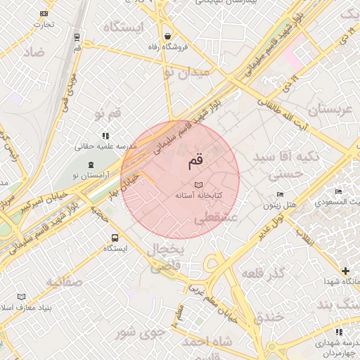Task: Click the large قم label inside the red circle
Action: point(194,162)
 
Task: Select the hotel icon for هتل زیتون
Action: point(281,195)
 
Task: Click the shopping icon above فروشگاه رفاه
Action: point(167,37)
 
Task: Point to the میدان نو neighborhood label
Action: point(186,72)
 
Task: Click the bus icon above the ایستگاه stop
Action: point(115,238)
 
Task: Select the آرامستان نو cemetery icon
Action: point(91,165)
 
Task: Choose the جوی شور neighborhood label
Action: point(141,331)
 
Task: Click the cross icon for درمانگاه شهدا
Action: point(345,271)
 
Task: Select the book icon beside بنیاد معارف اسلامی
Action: point(21,297)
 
